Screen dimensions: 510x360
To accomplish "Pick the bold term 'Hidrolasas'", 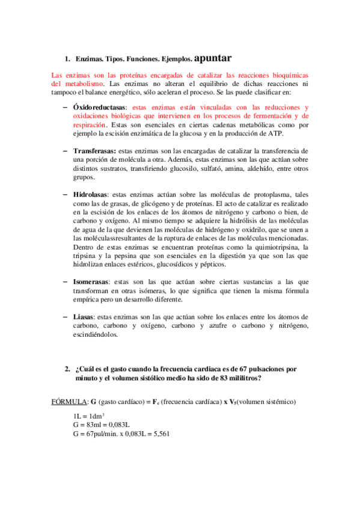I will tap(92, 195).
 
